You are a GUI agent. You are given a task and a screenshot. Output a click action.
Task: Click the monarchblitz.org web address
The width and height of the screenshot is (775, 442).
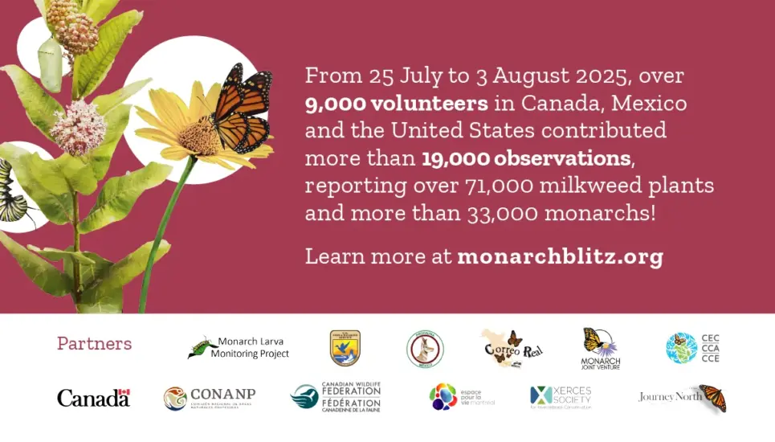pyautogui.click(x=560, y=257)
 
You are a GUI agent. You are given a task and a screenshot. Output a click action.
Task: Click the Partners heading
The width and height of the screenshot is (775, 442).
pyautogui.click(x=94, y=343)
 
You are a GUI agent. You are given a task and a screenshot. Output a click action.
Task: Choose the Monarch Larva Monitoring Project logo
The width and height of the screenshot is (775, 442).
pyautogui.click(x=239, y=347)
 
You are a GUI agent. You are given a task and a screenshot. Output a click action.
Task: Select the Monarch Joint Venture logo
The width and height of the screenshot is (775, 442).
pyautogui.click(x=601, y=348)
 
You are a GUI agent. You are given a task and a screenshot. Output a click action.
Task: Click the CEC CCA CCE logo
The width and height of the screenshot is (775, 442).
pyautogui.click(x=693, y=347)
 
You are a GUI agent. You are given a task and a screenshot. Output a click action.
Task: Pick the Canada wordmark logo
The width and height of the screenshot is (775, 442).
pyautogui.click(x=93, y=397)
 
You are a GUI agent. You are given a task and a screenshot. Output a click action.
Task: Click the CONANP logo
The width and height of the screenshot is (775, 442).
pyautogui.click(x=210, y=397)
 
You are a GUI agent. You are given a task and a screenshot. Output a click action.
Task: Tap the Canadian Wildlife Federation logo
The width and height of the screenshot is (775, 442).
pyautogui.click(x=336, y=397)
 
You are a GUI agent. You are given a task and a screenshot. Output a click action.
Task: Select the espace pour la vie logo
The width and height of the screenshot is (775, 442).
pyautogui.click(x=461, y=397)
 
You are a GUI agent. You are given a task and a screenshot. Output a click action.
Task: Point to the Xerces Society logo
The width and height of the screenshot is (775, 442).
pyautogui.click(x=561, y=397)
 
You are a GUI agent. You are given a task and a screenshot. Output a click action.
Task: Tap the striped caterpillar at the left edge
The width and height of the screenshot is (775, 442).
pyautogui.click(x=11, y=191)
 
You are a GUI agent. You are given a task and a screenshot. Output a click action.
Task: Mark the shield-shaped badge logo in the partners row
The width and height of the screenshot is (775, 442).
pyautogui.click(x=345, y=347)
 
